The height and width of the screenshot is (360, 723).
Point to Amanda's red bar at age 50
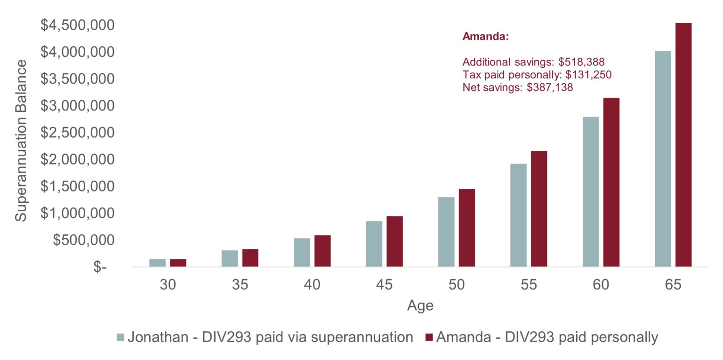(467, 228)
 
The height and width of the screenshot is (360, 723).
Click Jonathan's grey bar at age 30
(158, 263)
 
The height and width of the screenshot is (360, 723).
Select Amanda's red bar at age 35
(250, 258)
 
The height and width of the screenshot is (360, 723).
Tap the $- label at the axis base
(100, 267)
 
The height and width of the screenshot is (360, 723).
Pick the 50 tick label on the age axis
(456, 285)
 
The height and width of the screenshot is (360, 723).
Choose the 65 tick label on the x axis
(673, 285)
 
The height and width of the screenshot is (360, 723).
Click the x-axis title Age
(420, 306)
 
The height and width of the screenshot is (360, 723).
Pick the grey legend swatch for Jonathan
(121, 337)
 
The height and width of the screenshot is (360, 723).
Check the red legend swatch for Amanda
(429, 337)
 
